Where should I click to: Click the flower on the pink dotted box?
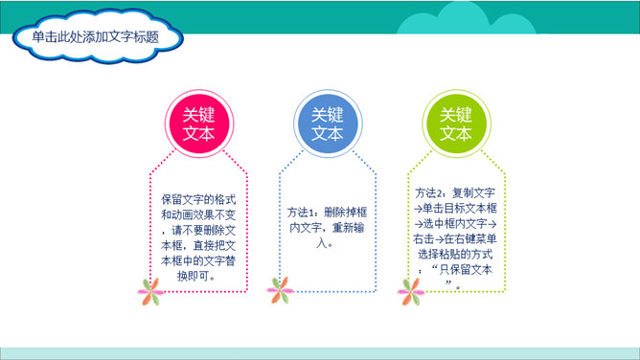(x=149, y=287)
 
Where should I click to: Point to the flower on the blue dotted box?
(x=279, y=287)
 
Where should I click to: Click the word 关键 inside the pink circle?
(x=198, y=114)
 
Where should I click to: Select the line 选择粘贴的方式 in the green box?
(x=455, y=254)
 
